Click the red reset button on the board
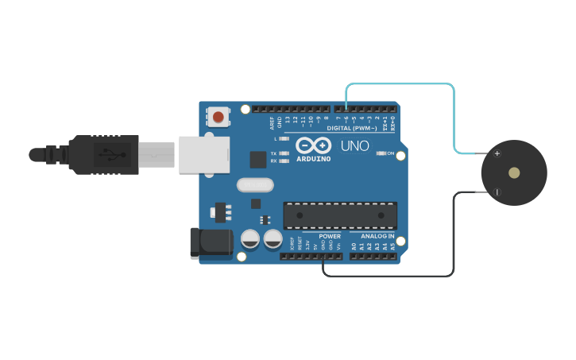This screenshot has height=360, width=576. [x=218, y=118]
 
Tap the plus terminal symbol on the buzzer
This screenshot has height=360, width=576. [x=497, y=153]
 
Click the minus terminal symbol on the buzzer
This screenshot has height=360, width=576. [x=497, y=192]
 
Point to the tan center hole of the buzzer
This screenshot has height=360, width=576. [x=514, y=172]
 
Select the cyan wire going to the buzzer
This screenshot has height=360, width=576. [x=454, y=111]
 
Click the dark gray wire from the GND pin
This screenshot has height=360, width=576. [x=454, y=238]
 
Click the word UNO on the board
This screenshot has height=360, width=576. [x=355, y=146]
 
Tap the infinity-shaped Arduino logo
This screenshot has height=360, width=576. [x=313, y=145]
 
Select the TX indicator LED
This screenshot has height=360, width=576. [x=284, y=153]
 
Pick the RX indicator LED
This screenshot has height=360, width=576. [x=284, y=161]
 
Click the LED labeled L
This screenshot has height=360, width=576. [x=284, y=139]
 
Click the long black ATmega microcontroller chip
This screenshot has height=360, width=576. [x=340, y=215]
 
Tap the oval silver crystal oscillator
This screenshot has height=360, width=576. [x=254, y=185]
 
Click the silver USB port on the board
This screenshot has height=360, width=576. [x=203, y=154]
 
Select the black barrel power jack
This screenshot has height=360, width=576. [x=211, y=242]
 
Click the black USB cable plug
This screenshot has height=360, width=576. [x=103, y=154]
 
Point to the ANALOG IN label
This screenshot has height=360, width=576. [x=377, y=236]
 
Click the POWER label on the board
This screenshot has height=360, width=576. [x=330, y=236]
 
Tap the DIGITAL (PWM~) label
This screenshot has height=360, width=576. [x=352, y=128]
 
